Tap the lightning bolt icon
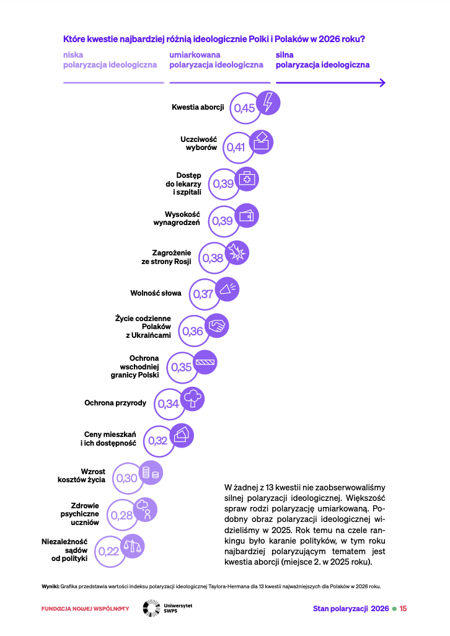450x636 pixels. [x=268, y=102]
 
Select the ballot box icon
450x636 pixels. [x=261, y=141]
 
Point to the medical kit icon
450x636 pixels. [x=247, y=179]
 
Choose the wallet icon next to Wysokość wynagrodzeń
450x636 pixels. [x=247, y=216]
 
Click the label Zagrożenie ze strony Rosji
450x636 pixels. [x=166, y=257]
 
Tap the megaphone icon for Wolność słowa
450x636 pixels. [x=227, y=289]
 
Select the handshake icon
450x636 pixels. [x=216, y=325]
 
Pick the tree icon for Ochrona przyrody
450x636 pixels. [x=192, y=399]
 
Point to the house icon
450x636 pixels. [x=181, y=436]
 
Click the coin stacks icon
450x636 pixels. [x=151, y=473]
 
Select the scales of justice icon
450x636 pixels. [x=133, y=546]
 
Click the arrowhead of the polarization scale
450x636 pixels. [x=381, y=82]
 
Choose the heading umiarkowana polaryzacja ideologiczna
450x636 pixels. [x=216, y=60]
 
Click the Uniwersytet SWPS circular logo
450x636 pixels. [x=152, y=609]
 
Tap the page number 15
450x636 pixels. [x=403, y=609]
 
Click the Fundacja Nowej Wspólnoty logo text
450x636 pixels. [x=85, y=609]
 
